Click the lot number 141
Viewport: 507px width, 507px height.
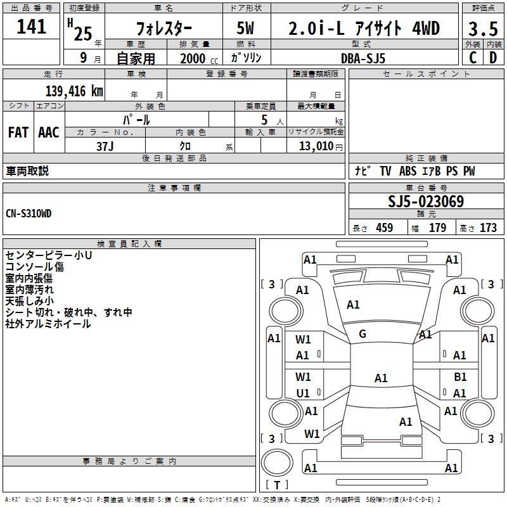(x=31, y=27)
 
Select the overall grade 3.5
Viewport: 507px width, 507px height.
(x=483, y=29)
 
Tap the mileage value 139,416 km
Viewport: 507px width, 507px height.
(x=74, y=91)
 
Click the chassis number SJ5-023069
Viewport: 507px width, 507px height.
(x=426, y=202)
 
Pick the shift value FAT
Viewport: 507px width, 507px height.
(x=18, y=132)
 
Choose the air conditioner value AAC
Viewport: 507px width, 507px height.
(x=49, y=132)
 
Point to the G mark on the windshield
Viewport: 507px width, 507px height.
(x=363, y=333)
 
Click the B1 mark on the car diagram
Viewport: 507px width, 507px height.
(x=460, y=376)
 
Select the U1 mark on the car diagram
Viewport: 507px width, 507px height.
(x=303, y=393)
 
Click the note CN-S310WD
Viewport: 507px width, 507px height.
(x=29, y=214)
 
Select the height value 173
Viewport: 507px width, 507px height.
(x=488, y=228)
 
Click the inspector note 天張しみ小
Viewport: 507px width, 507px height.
(x=30, y=300)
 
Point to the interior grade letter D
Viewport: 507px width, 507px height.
(x=493, y=58)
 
